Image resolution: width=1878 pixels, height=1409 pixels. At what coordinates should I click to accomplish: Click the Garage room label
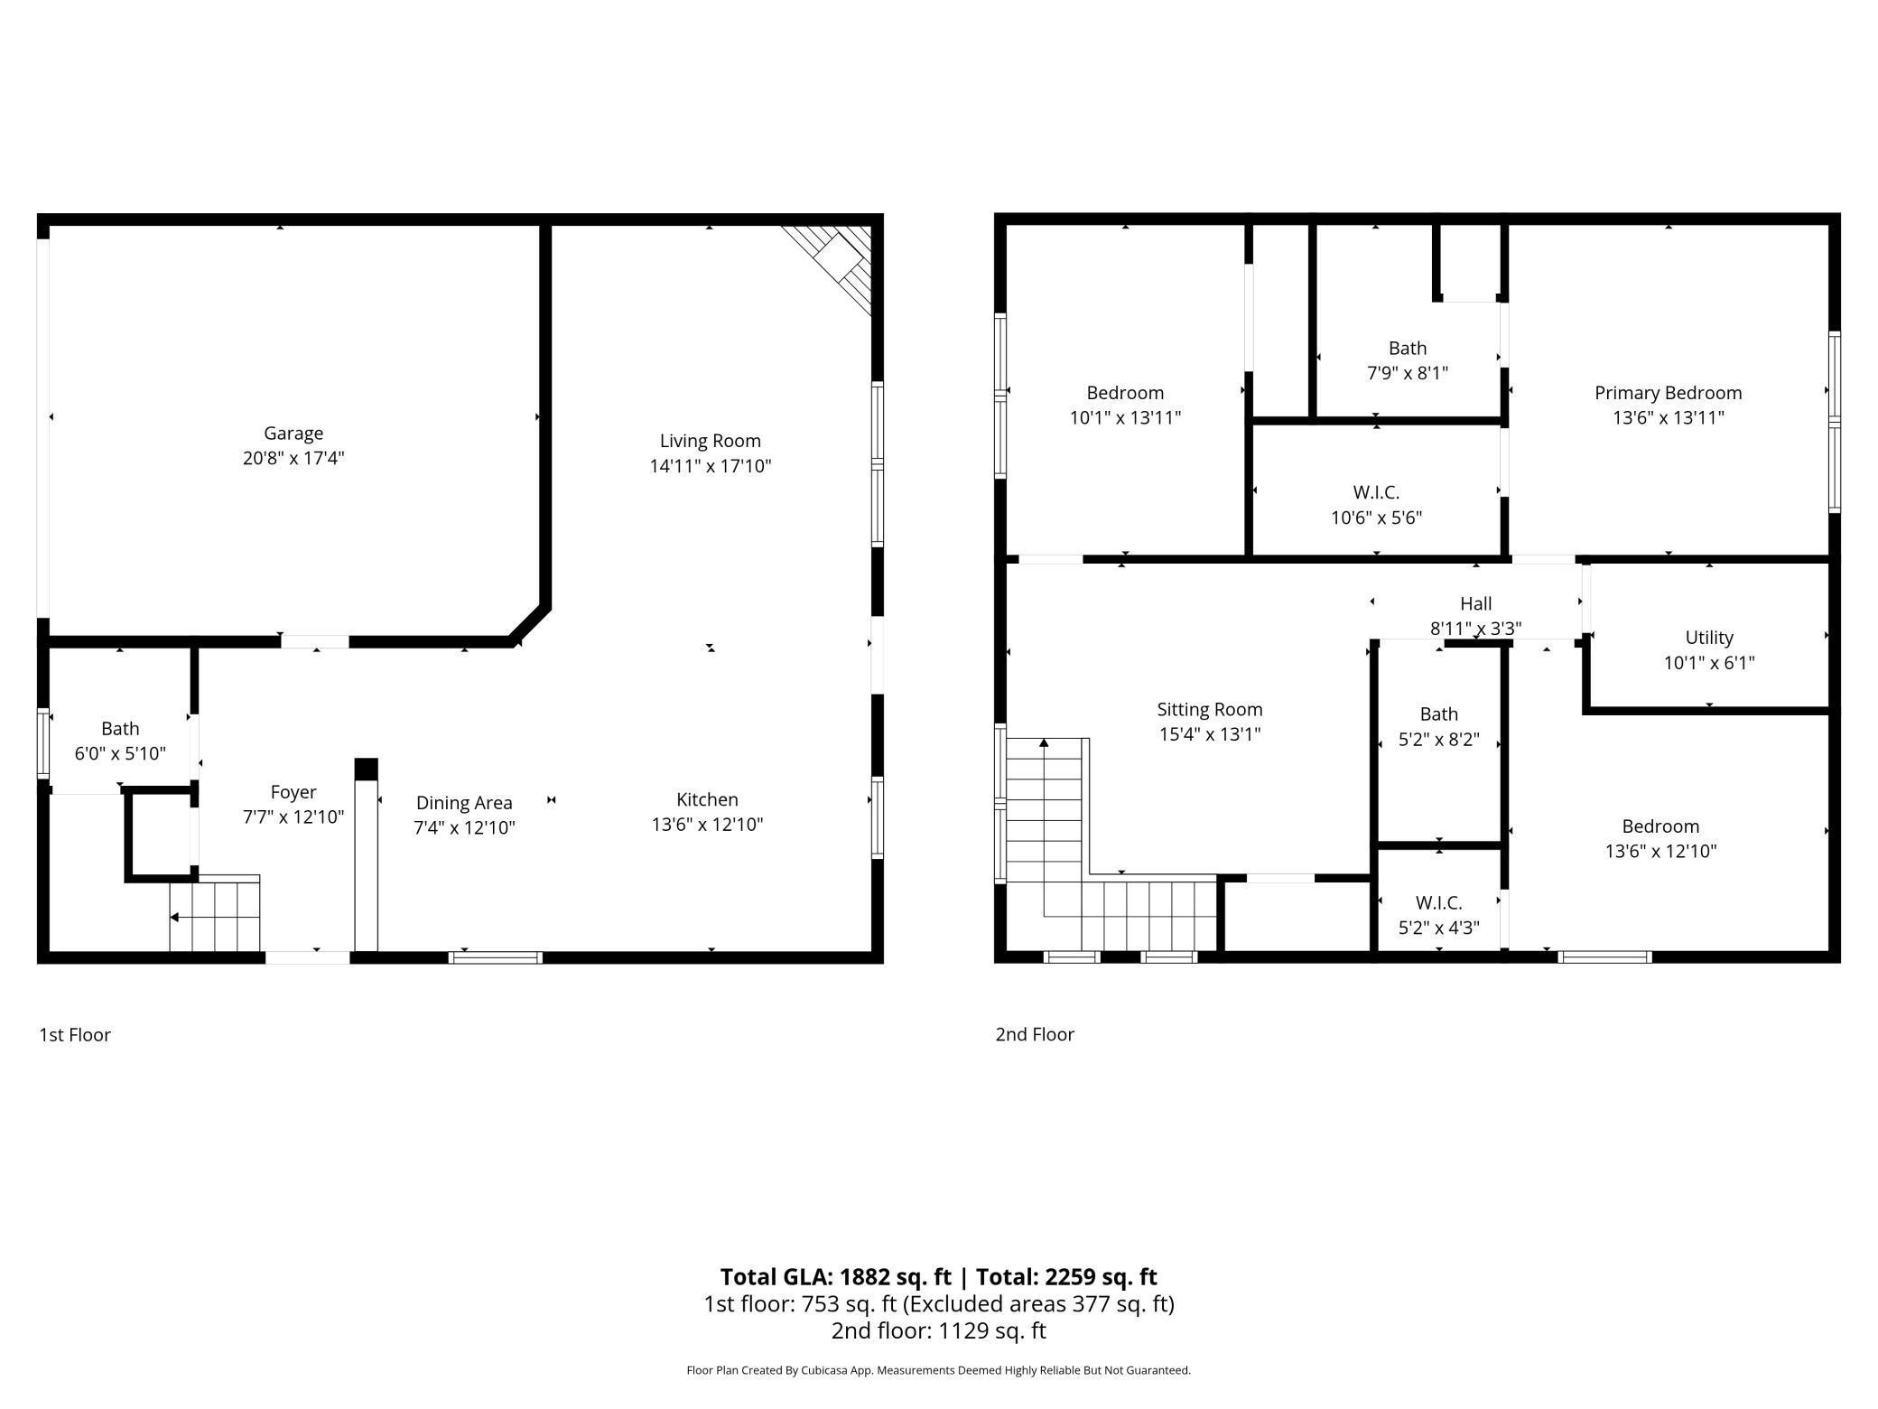(x=293, y=434)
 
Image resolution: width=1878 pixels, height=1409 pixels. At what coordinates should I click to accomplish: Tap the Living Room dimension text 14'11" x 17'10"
(x=711, y=466)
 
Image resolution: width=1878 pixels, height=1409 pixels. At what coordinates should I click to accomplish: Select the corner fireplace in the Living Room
(x=827, y=269)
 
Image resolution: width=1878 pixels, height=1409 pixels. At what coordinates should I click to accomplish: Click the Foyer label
(x=293, y=792)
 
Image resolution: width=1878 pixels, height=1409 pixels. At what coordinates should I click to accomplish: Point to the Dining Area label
(x=464, y=803)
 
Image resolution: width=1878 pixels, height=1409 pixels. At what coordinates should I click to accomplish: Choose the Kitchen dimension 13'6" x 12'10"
(x=708, y=824)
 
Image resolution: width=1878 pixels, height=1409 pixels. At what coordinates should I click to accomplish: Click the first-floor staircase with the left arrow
(x=215, y=913)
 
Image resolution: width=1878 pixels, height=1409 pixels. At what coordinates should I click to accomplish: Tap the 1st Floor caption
(x=75, y=1034)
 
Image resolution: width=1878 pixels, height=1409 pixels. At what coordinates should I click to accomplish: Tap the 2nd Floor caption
(x=1035, y=1034)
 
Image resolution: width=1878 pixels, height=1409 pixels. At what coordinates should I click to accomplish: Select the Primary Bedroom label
(x=1669, y=393)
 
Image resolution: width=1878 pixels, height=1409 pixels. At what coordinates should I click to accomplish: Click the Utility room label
(x=1709, y=638)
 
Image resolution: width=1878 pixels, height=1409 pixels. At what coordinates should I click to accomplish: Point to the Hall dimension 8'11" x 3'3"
(x=1476, y=629)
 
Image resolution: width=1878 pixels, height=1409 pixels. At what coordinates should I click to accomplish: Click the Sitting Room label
(x=1210, y=709)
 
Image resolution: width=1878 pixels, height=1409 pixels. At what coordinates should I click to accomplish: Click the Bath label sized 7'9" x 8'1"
(x=1408, y=348)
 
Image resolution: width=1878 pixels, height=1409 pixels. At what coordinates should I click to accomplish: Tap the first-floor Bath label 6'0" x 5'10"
(x=120, y=728)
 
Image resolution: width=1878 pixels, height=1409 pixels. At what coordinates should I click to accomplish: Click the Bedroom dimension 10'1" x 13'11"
(x=1125, y=417)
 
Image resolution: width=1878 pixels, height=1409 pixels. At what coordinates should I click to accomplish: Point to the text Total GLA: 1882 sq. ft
(x=836, y=1276)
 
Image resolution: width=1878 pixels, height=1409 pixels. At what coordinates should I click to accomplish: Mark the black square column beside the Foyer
(x=366, y=770)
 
